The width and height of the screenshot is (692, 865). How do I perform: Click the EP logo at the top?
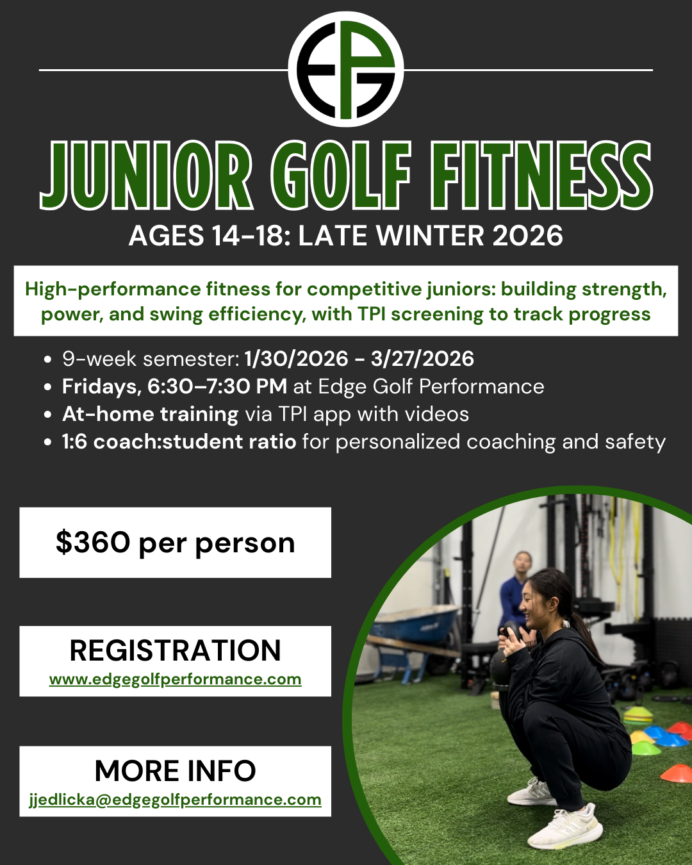tap(346, 69)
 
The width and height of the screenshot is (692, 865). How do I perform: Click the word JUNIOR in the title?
tap(146, 176)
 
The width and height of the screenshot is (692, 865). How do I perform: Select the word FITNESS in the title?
tap(541, 176)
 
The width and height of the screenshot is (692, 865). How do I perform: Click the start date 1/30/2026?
tap(296, 359)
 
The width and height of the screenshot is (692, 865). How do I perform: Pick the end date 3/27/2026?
tap(422, 359)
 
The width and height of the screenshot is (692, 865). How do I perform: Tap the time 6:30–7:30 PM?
tap(217, 386)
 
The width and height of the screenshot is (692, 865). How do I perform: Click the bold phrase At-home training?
tap(151, 414)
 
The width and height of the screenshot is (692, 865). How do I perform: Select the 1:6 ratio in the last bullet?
tap(74, 441)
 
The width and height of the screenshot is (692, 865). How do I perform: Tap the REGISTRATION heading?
tap(176, 650)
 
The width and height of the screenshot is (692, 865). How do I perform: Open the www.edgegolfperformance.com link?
tap(176, 679)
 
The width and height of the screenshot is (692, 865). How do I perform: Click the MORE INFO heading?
tap(176, 771)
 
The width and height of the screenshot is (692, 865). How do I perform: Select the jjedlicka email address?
tap(176, 800)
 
